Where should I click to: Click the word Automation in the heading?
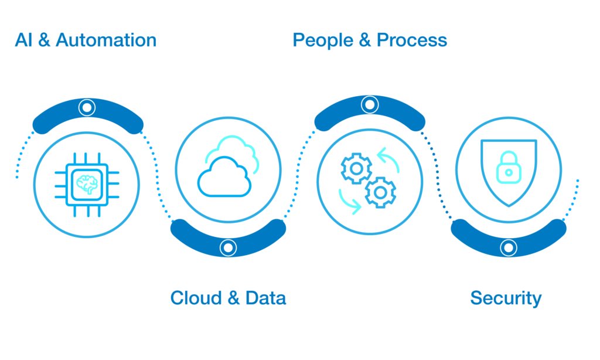[106, 40]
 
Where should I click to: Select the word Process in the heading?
[412, 40]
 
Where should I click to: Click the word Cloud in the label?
[196, 298]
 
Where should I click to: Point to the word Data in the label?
[265, 298]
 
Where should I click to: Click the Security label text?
[506, 298]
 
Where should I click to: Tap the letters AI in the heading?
[23, 40]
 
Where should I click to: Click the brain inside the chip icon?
[87, 185]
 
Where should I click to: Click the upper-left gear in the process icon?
[356, 168]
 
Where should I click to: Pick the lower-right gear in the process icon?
[380, 193]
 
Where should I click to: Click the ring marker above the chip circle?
[87, 108]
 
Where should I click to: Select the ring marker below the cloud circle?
[228, 247]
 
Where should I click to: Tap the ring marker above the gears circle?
[370, 104]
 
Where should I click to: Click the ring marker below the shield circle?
[509, 247]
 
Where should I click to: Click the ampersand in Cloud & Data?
[234, 298]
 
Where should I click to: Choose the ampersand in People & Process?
[365, 40]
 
